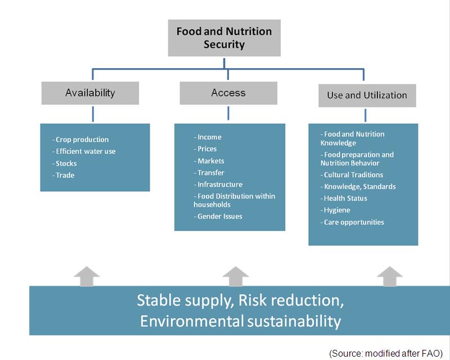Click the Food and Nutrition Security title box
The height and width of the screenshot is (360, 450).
224,38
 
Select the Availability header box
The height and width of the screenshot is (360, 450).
90,93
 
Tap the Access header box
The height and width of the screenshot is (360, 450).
228,93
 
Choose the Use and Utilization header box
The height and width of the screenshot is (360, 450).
367,95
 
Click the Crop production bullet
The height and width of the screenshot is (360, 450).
82,139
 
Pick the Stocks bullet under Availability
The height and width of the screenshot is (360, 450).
66,163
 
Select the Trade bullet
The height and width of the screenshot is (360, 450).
65,175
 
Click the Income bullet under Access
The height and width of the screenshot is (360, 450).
209,137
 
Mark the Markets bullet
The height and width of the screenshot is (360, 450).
210,161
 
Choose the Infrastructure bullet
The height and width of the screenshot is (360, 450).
219,184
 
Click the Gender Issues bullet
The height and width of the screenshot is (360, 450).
219,217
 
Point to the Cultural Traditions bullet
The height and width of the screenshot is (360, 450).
353,175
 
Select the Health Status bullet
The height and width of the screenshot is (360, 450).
345,198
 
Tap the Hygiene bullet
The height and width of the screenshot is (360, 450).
336,210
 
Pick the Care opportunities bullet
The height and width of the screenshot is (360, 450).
354,222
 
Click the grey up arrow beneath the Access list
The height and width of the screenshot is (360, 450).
235,276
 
